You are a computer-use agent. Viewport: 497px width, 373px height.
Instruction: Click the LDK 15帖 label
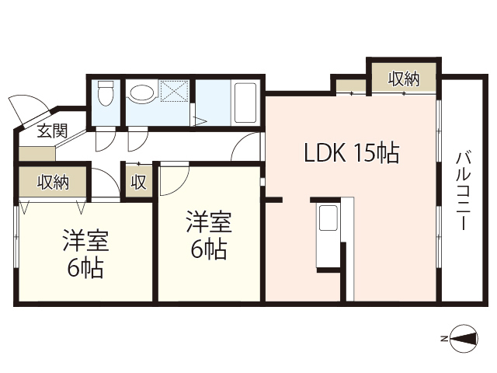tap(350, 154)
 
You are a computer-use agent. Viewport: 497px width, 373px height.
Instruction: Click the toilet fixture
tap(106, 93)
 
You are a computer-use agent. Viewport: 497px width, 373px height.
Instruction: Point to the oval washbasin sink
tap(141, 94)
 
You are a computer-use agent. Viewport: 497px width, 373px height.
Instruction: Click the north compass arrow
tap(464, 338)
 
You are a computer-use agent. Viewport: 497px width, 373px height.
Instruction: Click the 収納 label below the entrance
tap(52, 183)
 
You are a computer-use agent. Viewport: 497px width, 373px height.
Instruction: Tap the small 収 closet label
tap(138, 183)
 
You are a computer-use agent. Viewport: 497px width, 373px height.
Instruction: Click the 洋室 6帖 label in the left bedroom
tap(86, 255)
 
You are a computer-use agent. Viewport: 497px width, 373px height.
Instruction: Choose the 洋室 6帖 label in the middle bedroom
tap(207, 235)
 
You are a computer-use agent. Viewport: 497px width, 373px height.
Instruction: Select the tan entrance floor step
tap(36, 154)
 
